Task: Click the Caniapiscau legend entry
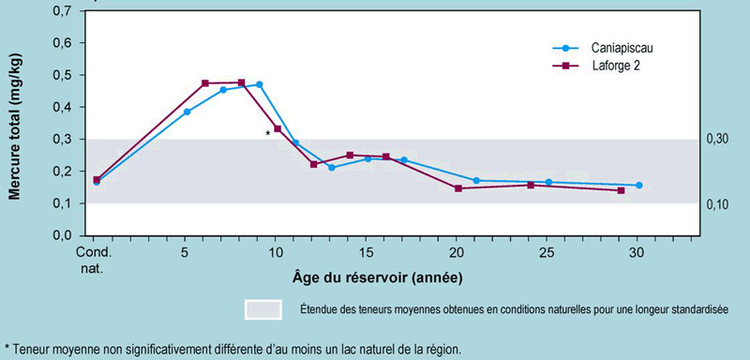click(x=613, y=48)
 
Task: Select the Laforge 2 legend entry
click(x=610, y=66)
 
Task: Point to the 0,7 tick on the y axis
click(x=60, y=11)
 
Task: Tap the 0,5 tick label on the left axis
click(x=60, y=75)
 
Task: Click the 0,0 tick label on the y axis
click(x=60, y=235)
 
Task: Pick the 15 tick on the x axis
click(x=367, y=253)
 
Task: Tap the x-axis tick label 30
click(x=637, y=253)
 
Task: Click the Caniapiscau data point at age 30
click(x=639, y=186)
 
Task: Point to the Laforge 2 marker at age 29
click(x=621, y=190)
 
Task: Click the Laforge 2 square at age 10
click(x=277, y=128)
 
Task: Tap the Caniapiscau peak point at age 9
click(x=260, y=84)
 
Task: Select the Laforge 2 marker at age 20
click(x=458, y=188)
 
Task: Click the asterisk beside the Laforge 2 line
click(x=268, y=134)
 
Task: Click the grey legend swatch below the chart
click(x=263, y=308)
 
